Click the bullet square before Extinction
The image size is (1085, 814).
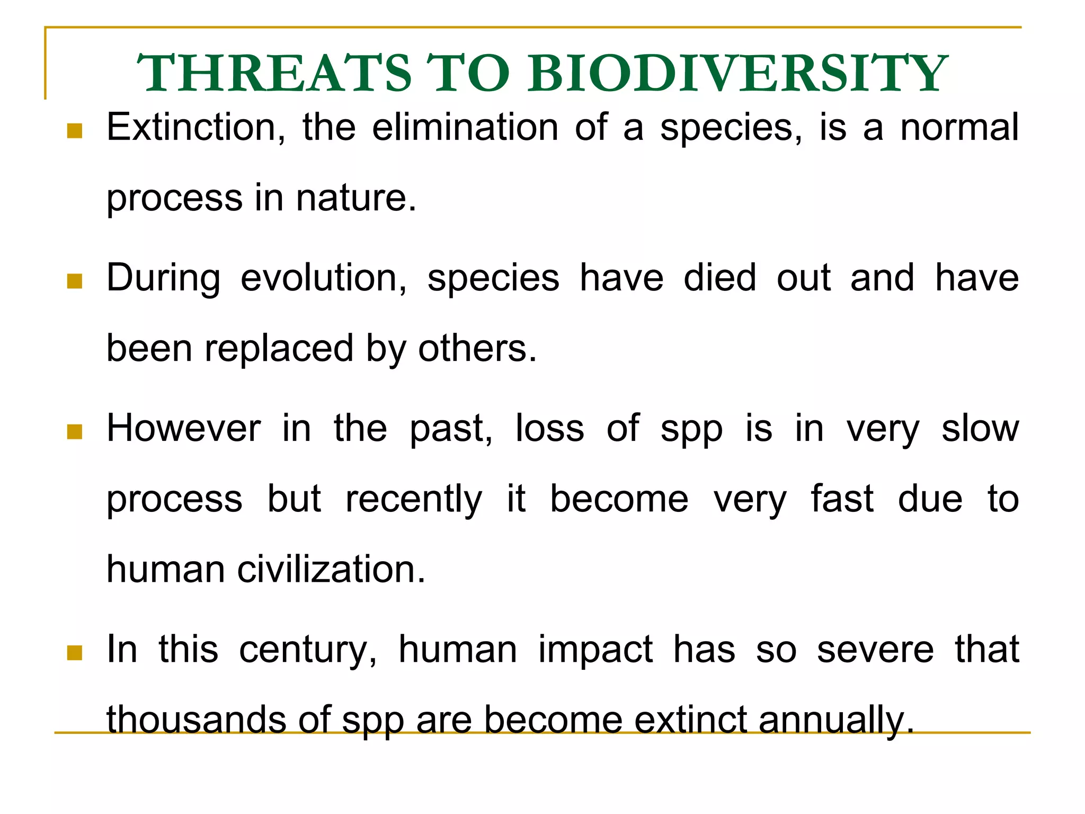tap(75, 130)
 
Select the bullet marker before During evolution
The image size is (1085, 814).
tap(75, 281)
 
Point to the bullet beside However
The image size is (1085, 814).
tap(75, 431)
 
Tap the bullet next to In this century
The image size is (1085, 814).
tap(75, 652)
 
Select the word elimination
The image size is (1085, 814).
tap(465, 128)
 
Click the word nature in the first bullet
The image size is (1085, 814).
tap(356, 198)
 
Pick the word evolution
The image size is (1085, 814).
tap(323, 278)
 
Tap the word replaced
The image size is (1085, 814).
tap(279, 349)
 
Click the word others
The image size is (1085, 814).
tap(477, 349)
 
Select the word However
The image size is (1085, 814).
tap(183, 429)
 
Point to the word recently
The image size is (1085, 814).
tap(413, 499)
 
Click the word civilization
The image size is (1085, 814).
tap(331, 570)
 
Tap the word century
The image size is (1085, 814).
tap(307, 650)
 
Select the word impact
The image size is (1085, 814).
tap(595, 650)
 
